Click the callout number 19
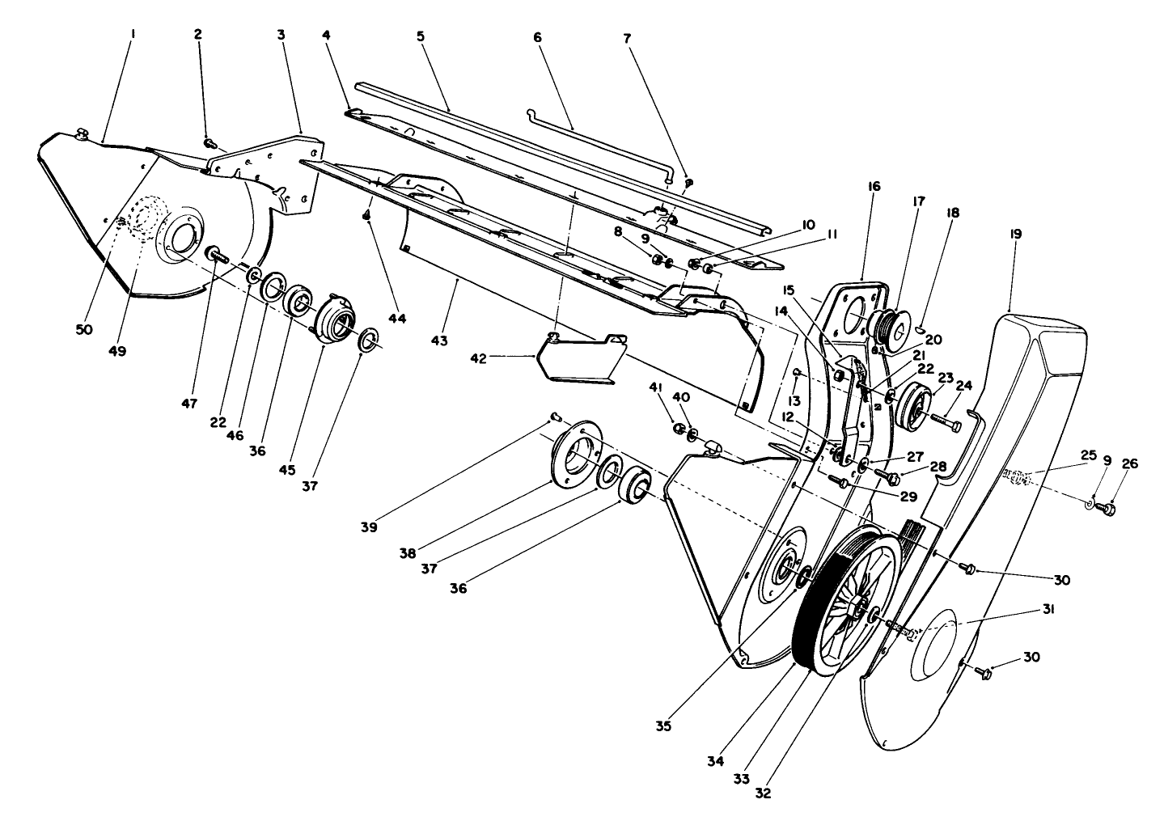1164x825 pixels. tap(1015, 234)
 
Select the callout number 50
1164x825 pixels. tap(85, 329)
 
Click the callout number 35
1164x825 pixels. tap(664, 726)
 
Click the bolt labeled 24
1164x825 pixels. tap(947, 421)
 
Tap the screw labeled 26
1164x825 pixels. tap(1109, 509)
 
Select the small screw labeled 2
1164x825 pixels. tap(209, 144)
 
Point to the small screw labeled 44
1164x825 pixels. tap(366, 214)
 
